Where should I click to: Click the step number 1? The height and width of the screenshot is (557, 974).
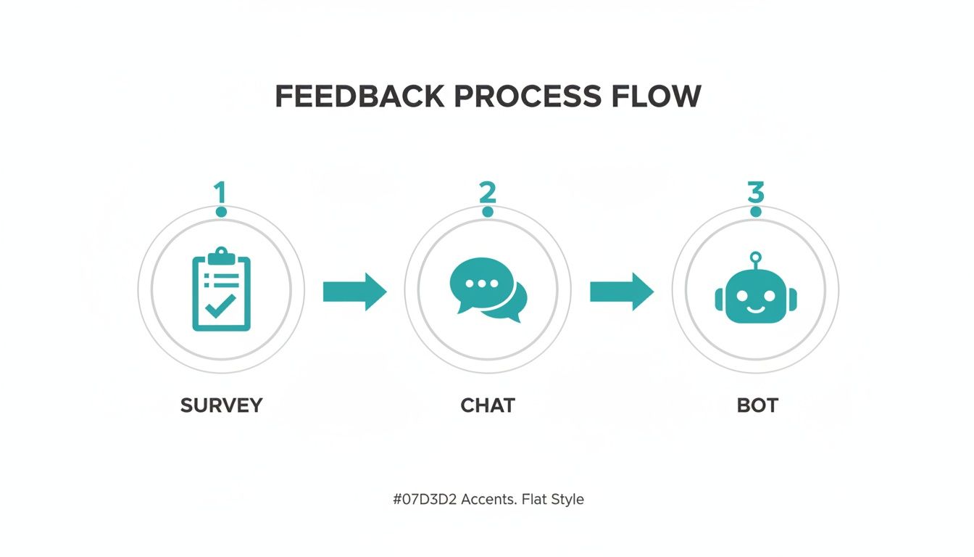point(220,192)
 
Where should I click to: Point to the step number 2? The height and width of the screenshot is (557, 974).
point(487,192)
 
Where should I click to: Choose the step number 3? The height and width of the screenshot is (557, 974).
point(755,192)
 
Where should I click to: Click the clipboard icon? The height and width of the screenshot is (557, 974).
point(221,290)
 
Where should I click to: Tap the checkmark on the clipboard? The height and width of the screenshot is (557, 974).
point(220,305)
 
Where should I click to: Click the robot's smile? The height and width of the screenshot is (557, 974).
point(755,306)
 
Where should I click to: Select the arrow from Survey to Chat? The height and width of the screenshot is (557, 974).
point(355,292)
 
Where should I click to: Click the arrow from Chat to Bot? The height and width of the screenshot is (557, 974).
point(622,292)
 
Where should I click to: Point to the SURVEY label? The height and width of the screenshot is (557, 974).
point(221,405)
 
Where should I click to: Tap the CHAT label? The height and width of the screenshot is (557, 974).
point(488,405)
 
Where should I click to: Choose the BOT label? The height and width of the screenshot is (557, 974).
point(757,405)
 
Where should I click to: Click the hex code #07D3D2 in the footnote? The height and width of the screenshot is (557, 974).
point(423,499)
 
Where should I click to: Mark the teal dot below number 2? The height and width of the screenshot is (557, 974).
point(488,212)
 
